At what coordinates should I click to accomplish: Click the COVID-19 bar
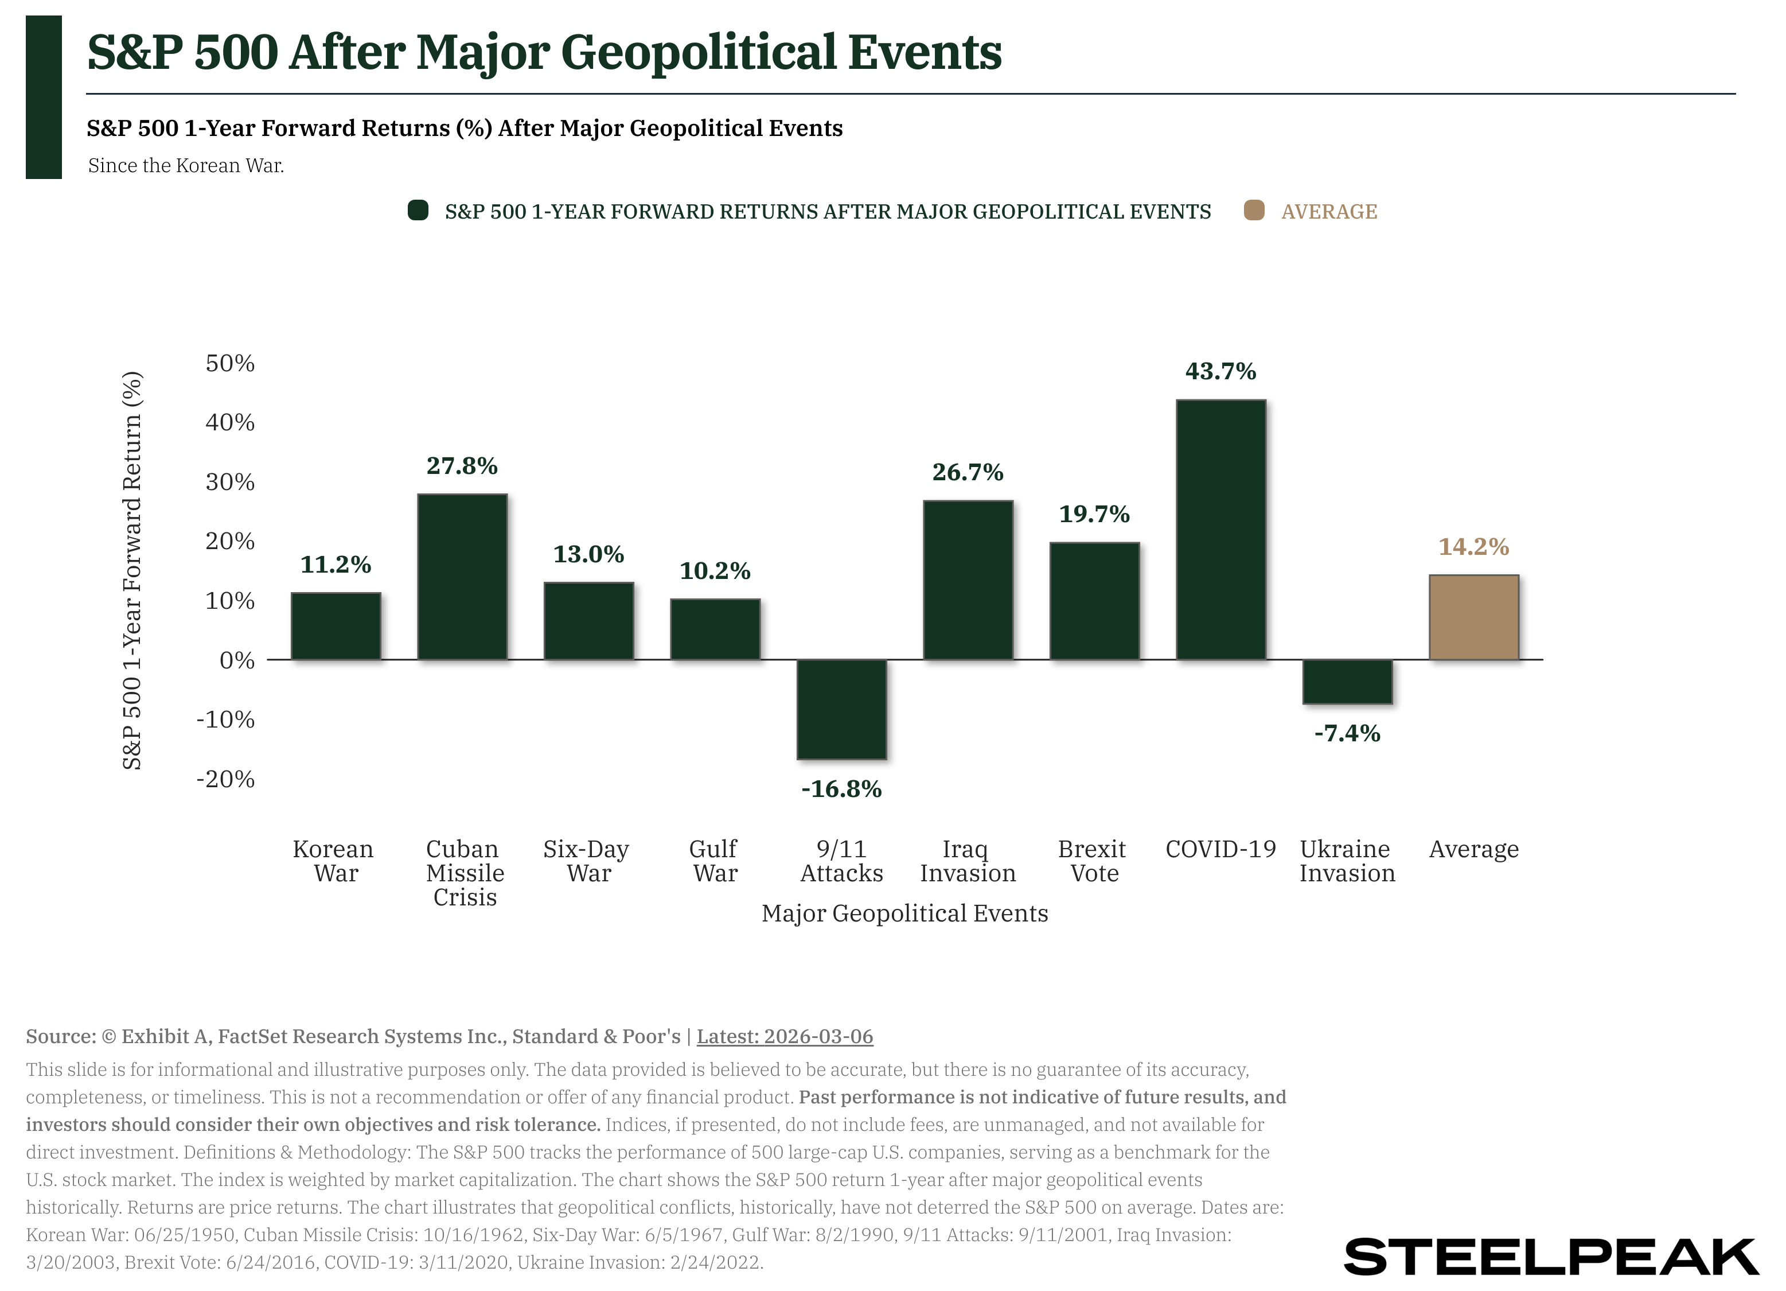point(1220,530)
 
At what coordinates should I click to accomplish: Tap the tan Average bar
point(1473,617)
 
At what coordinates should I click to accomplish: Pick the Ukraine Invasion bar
point(1347,681)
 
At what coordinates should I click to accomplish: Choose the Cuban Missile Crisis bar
point(462,577)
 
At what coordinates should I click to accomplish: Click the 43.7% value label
point(1220,371)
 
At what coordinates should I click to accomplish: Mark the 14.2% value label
point(1473,547)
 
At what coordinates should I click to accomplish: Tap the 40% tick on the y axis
point(230,423)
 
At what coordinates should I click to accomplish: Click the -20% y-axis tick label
point(226,779)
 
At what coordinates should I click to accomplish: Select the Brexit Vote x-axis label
point(1093,861)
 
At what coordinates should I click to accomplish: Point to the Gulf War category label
point(714,861)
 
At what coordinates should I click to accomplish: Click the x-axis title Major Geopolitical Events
point(904,913)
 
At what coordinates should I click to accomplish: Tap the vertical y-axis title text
point(132,570)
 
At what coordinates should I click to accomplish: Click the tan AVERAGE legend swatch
point(1254,211)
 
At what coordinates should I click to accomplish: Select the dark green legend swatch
point(418,211)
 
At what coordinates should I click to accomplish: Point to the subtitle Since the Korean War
point(186,165)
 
